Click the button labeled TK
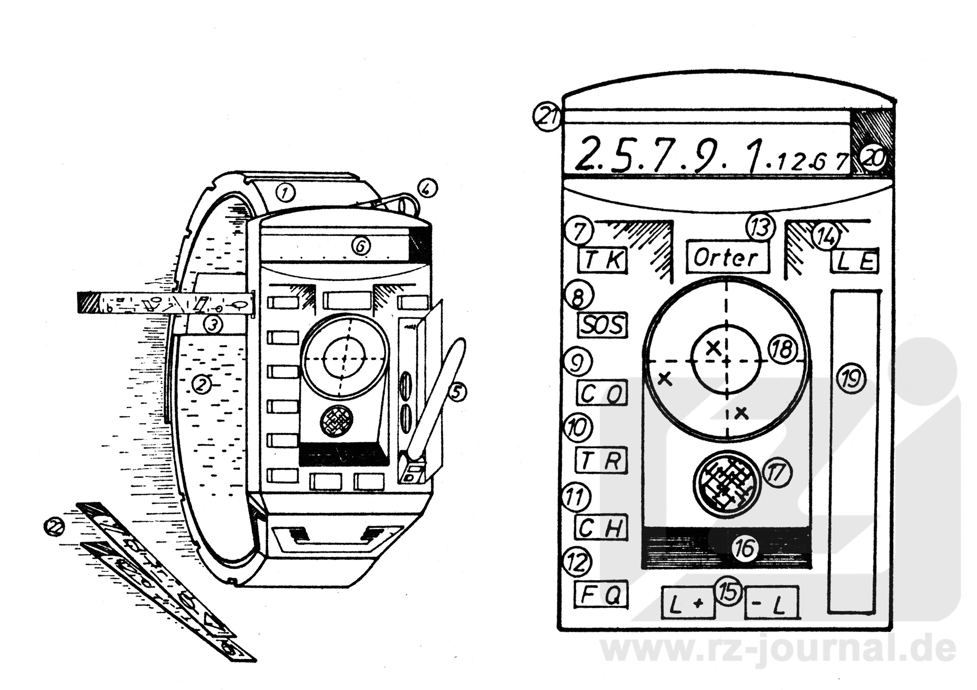tap(602, 261)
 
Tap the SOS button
tap(602, 325)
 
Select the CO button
tap(602, 393)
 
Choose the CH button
tap(601, 528)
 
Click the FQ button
tap(601, 594)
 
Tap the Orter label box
tap(727, 257)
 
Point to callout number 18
tap(782, 350)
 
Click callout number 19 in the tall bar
tap(851, 380)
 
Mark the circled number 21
tap(546, 117)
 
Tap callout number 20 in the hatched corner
tap(874, 158)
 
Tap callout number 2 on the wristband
tap(202, 384)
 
